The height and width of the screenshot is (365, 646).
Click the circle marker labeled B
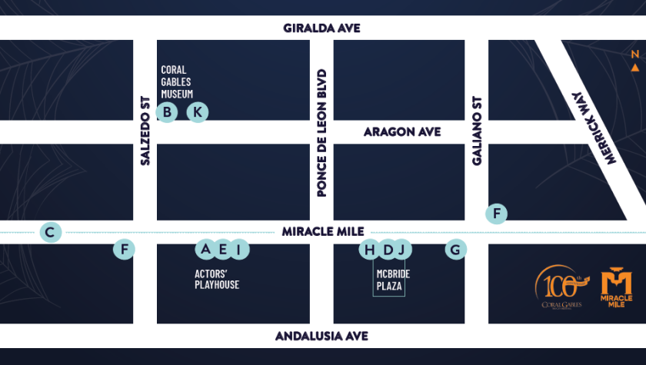166,112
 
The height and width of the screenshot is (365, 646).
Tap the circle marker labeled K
198,112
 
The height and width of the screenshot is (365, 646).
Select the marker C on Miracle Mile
51,232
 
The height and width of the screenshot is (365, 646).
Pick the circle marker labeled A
205,249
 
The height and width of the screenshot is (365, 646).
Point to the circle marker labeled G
455,250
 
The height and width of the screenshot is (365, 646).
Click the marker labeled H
370,249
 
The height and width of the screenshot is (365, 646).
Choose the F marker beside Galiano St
497,214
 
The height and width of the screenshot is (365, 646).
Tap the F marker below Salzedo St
123,250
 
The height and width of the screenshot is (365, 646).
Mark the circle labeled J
402,249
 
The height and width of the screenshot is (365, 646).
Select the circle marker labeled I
239,249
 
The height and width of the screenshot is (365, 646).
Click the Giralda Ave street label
322,28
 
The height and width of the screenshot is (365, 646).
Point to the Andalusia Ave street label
322,336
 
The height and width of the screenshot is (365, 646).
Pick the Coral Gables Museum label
177,81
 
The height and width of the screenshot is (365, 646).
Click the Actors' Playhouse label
216,279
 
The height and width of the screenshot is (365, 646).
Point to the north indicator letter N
634,55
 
